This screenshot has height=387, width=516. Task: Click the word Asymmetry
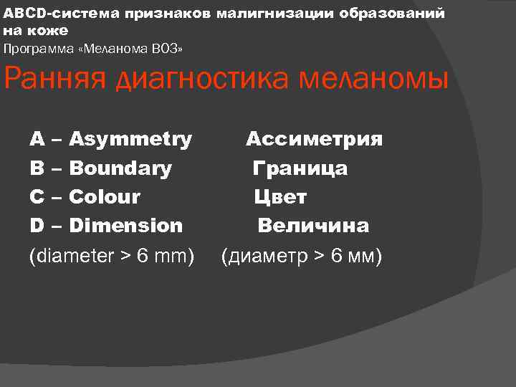130,139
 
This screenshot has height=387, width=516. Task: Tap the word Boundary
120,168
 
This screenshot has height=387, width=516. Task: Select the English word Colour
105,196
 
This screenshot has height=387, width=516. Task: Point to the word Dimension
125,226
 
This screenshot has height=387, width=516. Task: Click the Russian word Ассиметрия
314,139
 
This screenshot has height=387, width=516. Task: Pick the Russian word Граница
300,168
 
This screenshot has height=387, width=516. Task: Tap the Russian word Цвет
280,196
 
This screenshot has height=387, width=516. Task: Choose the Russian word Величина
313,226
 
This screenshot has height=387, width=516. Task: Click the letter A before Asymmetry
36,139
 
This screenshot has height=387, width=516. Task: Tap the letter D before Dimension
37,226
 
